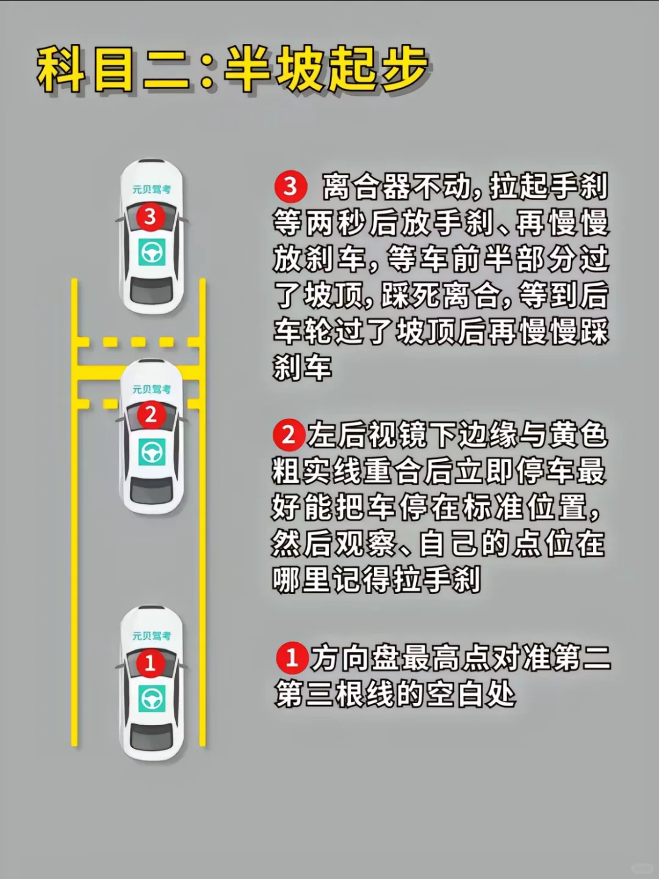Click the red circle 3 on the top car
150,217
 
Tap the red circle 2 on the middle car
151,415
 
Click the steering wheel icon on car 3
152,252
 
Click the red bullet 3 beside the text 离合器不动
290,187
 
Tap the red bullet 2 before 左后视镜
289,435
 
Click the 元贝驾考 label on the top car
152,189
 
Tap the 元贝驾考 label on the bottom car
152,636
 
